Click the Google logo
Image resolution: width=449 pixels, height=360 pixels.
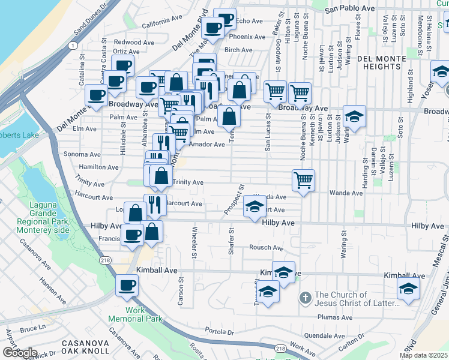point(19,353)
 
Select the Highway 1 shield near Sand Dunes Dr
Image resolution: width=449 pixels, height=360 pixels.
point(72,46)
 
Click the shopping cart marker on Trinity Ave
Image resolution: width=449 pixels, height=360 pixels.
point(304,179)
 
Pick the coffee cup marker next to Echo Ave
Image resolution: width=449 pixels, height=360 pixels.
point(225,19)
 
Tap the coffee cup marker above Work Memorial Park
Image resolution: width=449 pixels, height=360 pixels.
point(127,286)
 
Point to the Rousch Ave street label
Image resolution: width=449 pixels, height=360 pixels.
point(267,248)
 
